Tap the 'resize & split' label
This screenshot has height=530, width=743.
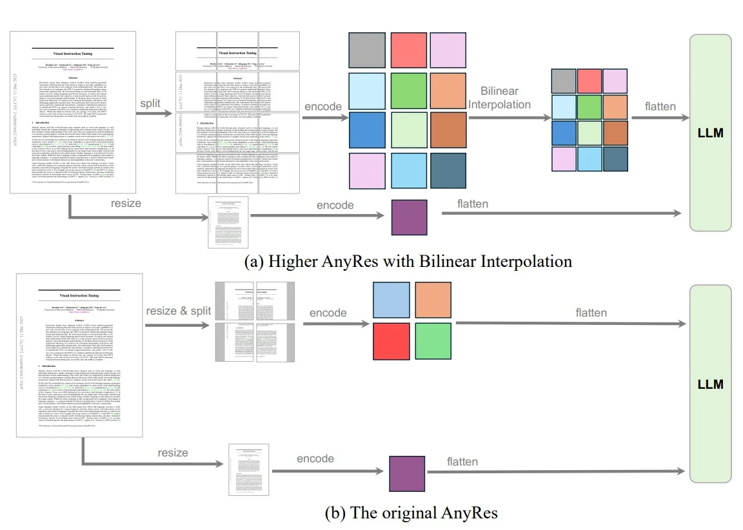tap(178, 310)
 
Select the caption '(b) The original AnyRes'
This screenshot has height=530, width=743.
tap(412, 513)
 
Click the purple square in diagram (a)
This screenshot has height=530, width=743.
tap(410, 217)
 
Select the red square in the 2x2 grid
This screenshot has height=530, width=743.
tap(391, 342)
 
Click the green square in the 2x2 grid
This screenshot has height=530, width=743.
tap(433, 342)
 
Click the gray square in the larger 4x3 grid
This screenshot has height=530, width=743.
tap(365, 50)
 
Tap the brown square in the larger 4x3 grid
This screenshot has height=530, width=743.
tap(449, 132)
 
